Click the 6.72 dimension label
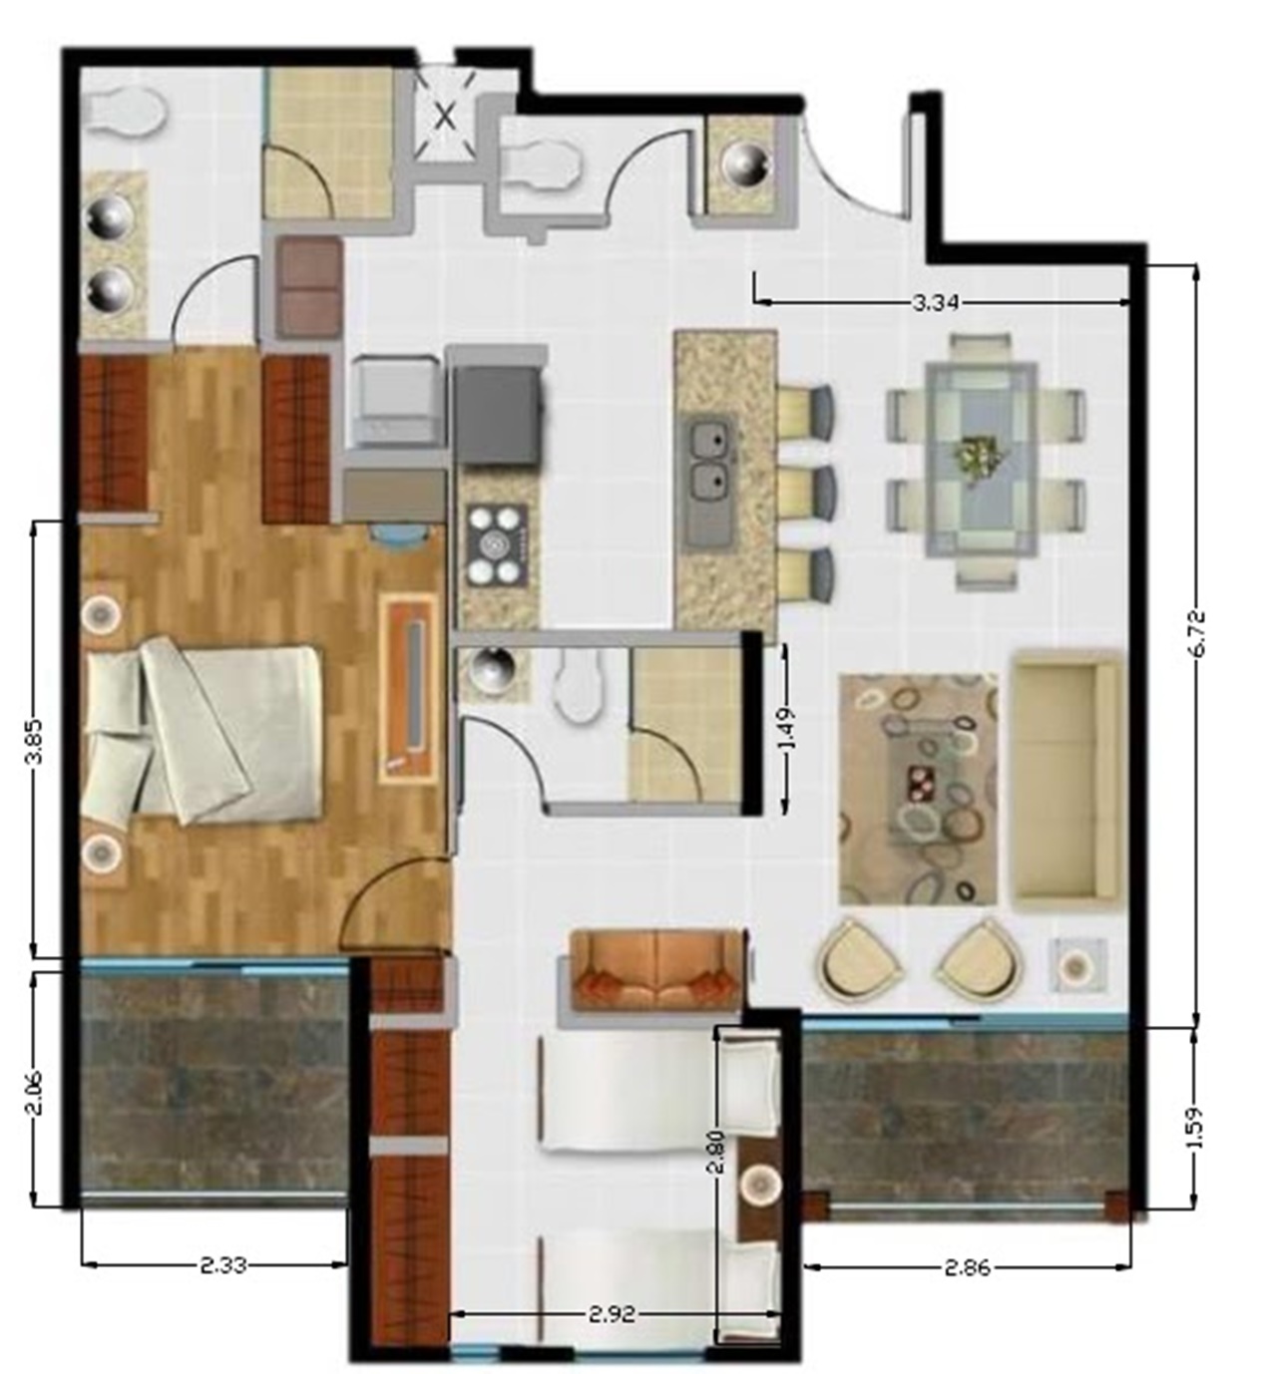tap(1199, 634)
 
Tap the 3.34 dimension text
tap(935, 303)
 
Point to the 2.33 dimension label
tap(222, 1266)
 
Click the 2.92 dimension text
tap(613, 1334)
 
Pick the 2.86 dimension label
tap(968, 1267)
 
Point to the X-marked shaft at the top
tap(445, 115)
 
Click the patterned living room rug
tap(918, 790)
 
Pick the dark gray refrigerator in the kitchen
tap(499, 415)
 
